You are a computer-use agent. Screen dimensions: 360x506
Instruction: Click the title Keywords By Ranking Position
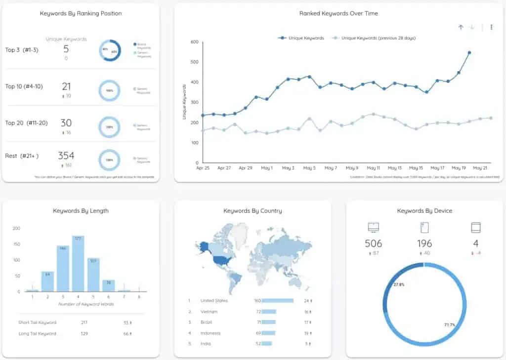81,13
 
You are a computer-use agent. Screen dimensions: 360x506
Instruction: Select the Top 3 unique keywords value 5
66,49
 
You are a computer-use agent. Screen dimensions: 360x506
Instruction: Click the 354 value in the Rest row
66,156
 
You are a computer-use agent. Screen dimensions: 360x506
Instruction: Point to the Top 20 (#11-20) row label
26,123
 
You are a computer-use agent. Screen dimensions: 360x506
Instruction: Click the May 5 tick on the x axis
309,168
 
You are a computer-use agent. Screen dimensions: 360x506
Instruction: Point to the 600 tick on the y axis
194,42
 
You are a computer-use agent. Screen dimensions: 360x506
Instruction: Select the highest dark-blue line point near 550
469,52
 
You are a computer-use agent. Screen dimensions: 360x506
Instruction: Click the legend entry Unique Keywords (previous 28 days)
375,38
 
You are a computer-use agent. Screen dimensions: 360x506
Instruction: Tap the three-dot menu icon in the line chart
491,27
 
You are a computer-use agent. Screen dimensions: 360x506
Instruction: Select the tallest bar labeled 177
78,264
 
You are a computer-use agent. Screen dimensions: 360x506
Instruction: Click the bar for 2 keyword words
47,281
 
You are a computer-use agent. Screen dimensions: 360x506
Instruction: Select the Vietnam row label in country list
209,312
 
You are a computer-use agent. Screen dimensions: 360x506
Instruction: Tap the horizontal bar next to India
267,344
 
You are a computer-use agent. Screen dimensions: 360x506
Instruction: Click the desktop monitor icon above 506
374,228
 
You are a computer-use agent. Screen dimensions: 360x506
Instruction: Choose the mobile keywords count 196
424,243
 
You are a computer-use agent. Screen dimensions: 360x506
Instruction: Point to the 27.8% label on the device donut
399,285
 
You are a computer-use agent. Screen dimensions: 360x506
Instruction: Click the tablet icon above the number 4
475,228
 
